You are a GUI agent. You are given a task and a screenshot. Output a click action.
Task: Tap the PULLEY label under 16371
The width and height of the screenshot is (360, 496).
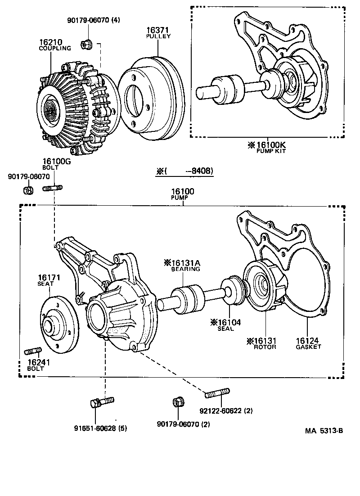pyautogui.click(x=158, y=36)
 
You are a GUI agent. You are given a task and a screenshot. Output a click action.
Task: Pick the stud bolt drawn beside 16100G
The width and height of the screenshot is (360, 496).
pyautogui.click(x=52, y=188)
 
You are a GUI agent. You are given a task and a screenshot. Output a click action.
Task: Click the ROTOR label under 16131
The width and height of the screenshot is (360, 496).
pyautogui.click(x=265, y=347)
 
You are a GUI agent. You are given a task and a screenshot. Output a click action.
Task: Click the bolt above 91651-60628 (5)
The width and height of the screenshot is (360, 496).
pyautogui.click(x=102, y=401)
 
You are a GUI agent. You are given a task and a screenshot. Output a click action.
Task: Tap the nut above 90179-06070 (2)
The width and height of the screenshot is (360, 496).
pyautogui.click(x=177, y=401)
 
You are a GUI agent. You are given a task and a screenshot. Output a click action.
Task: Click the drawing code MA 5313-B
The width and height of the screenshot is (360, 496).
pyautogui.click(x=324, y=431)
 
